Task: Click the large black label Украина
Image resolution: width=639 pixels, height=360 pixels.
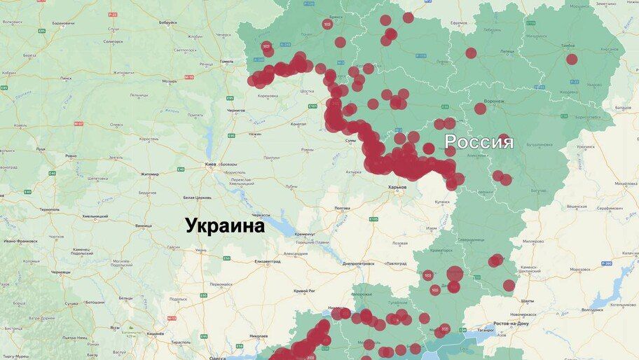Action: point(225,226)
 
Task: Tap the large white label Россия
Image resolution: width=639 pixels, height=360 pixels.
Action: point(479,142)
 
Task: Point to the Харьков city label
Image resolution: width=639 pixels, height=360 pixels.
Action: point(398,187)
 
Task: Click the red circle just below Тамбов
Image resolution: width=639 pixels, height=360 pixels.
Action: point(572,60)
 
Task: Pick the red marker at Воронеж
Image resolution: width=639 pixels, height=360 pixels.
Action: point(480,109)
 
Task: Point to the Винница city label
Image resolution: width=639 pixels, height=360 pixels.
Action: point(143,226)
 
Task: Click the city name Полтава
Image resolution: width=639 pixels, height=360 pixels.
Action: point(342,208)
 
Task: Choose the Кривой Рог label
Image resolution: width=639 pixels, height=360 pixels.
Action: point(304,290)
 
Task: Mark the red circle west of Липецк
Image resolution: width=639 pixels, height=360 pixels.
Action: point(471,53)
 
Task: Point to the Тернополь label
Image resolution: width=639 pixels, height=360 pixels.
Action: point(50,209)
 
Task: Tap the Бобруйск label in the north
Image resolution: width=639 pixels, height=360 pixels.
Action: point(168,22)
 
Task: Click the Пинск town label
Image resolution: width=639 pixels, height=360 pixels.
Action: point(65,78)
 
